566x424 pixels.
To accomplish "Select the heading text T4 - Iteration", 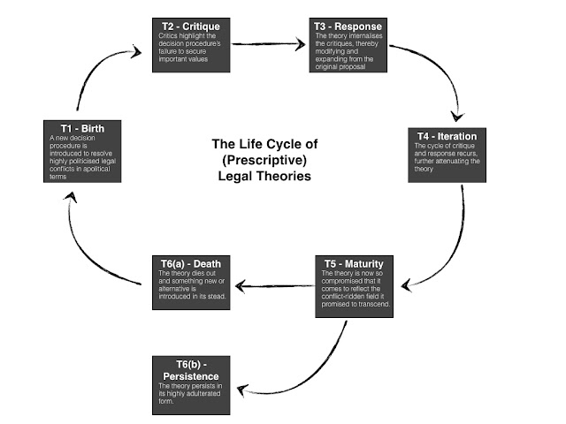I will pos(447,137).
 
